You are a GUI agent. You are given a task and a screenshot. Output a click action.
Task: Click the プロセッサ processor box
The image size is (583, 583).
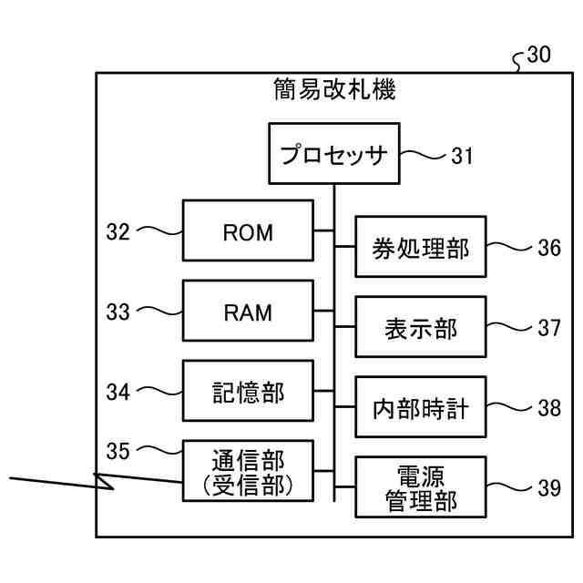point(334,154)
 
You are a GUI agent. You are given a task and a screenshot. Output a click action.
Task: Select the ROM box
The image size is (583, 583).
point(248,230)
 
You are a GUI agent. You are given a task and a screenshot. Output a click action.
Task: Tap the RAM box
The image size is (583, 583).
point(248,311)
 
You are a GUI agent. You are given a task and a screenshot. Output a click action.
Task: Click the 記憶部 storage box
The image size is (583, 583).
point(248,391)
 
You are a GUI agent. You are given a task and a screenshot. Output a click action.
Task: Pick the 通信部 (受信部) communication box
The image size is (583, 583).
point(248,471)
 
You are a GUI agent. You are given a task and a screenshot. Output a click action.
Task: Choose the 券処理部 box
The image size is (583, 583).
point(421,247)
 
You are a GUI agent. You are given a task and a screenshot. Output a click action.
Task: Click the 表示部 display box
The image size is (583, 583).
point(421,327)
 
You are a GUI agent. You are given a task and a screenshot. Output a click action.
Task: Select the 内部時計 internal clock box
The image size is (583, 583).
point(421,407)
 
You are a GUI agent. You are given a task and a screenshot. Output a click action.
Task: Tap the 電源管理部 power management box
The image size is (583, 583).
point(421,487)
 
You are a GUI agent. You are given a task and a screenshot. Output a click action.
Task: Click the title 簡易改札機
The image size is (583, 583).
point(334,89)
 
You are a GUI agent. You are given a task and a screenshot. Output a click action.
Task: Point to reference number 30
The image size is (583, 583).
point(538,55)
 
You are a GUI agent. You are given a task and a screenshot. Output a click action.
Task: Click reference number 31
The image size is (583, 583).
point(462,156)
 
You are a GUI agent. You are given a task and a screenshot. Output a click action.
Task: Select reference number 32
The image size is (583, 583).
point(118,231)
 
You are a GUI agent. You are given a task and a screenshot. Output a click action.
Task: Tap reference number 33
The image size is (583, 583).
point(118,312)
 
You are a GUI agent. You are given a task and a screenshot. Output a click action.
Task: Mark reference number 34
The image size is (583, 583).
point(118,393)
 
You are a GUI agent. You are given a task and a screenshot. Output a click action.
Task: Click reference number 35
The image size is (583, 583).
point(118,451)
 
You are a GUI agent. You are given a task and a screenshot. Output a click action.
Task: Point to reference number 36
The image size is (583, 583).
point(549,248)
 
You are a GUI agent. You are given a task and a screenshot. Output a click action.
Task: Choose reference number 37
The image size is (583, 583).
point(549,328)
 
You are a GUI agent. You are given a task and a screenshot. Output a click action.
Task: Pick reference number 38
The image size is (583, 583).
point(549,408)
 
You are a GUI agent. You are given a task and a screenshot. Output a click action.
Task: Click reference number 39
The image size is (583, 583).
point(549,488)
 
